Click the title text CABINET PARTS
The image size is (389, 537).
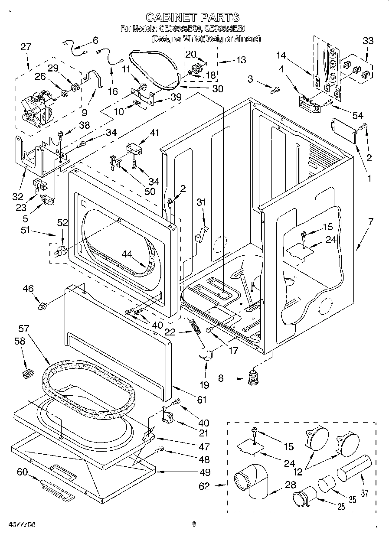(x=192, y=17)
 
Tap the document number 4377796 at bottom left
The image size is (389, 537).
(x=21, y=524)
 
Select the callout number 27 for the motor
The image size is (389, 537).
(x=26, y=47)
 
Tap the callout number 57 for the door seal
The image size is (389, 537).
(x=23, y=329)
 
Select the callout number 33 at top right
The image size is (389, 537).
(x=368, y=41)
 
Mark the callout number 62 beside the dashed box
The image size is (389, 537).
(x=204, y=486)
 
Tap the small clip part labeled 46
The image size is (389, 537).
(x=43, y=307)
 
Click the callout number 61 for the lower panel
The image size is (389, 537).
(x=202, y=400)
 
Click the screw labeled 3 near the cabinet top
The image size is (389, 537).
(x=274, y=91)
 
